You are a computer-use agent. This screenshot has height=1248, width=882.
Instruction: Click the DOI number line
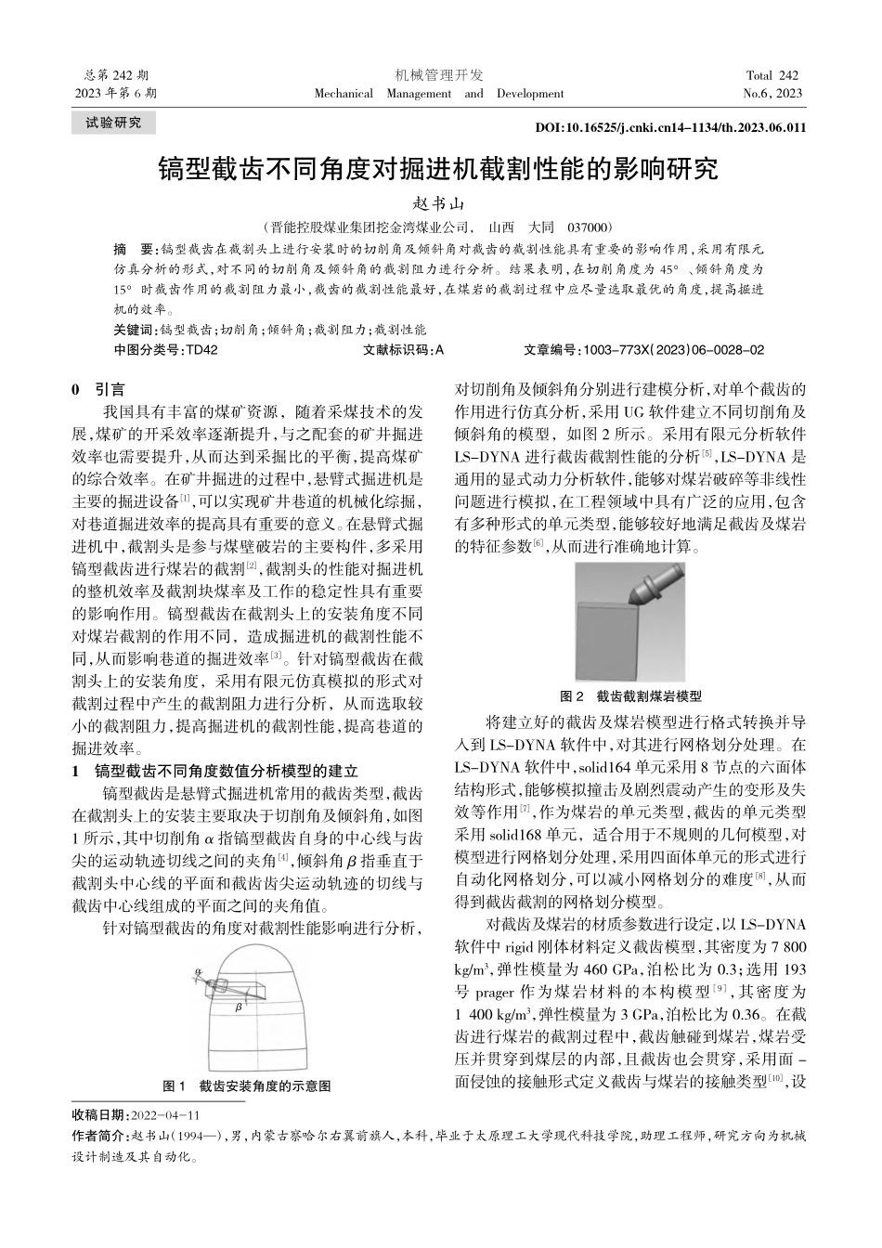pyautogui.click(x=671, y=128)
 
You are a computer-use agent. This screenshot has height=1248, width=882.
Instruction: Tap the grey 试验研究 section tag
pyautogui.click(x=113, y=123)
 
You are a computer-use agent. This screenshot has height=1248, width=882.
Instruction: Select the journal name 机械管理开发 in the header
pyautogui.click(x=439, y=75)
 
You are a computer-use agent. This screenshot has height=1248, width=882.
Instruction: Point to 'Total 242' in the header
pyautogui.click(x=772, y=75)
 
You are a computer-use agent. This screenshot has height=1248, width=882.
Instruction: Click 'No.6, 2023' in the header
pyautogui.click(x=772, y=93)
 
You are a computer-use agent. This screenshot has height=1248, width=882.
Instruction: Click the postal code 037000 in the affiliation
pyautogui.click(x=588, y=227)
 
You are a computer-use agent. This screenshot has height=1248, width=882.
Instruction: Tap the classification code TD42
pyautogui.click(x=201, y=350)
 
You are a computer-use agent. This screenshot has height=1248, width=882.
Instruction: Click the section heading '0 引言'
pyautogui.click(x=98, y=390)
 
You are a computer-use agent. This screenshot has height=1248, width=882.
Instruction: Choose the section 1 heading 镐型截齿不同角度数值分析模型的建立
pyautogui.click(x=227, y=771)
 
